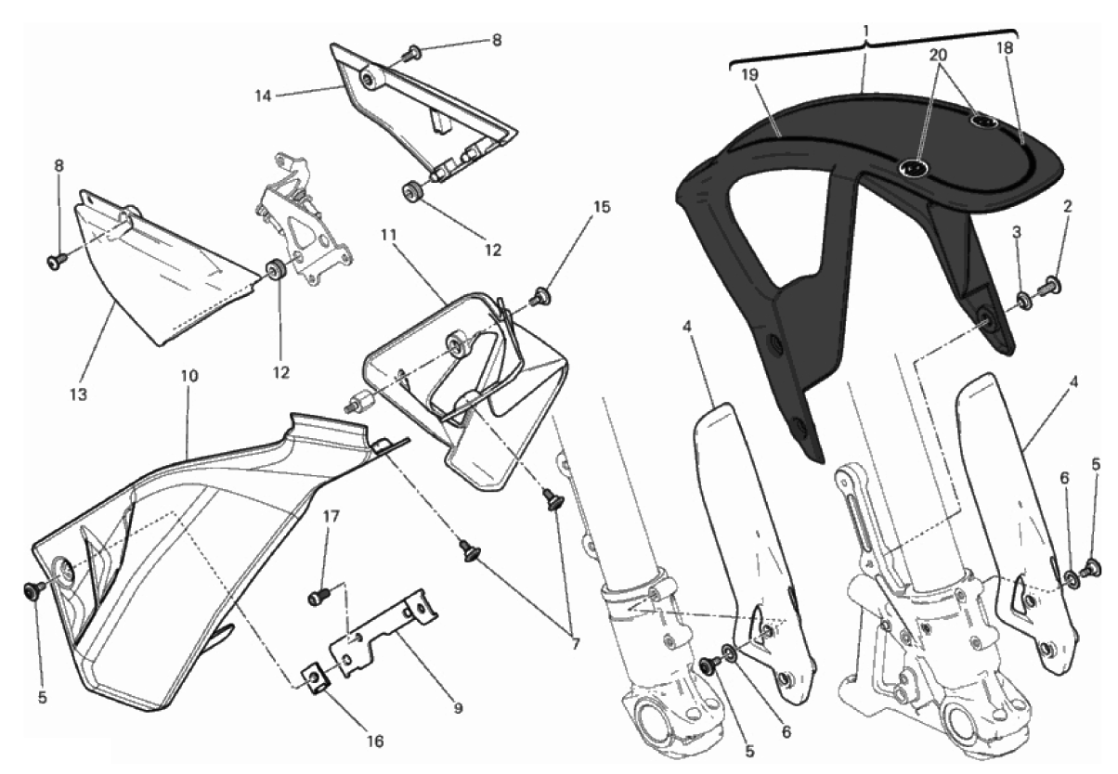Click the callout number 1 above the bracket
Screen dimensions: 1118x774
866,31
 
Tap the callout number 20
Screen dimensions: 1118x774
938,55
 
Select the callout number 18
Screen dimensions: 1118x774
1006,48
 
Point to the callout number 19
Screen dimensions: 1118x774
750,75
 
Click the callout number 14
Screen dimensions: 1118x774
263,96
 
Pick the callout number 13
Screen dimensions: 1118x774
78,395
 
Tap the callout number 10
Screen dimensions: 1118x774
189,376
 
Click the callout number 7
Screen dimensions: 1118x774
575,645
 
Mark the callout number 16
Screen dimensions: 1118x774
375,742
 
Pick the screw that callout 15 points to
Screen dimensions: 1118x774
540,297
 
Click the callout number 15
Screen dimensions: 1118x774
602,206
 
